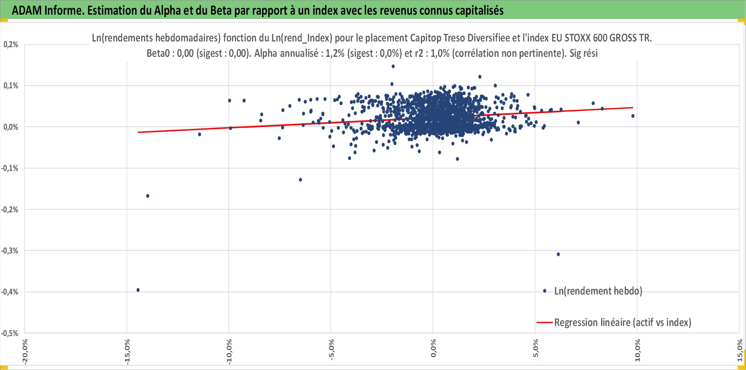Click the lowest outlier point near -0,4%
138,290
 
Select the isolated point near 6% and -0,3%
558,255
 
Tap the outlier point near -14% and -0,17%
148,196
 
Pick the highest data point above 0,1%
393,66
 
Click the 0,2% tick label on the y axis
11,44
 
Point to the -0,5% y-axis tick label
10,333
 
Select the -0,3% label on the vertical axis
10,251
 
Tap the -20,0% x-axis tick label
25,352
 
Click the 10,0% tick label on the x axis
637,351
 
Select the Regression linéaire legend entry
614,322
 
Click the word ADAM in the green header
27,10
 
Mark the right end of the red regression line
633,108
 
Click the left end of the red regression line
138,132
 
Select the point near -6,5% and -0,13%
300,180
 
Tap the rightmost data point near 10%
633,116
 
